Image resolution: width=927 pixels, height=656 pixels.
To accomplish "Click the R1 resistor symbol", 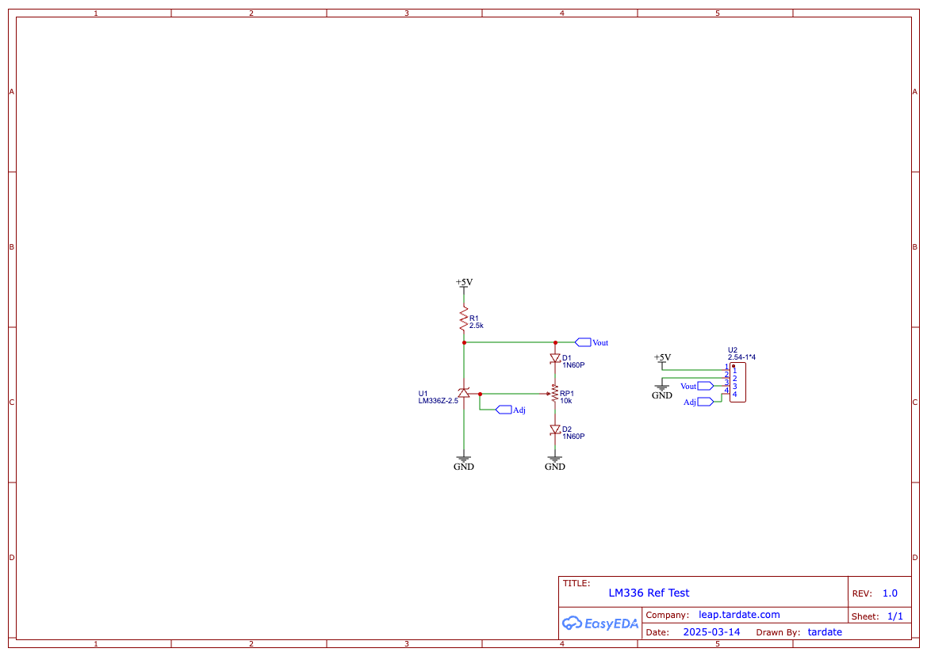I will tap(463, 320).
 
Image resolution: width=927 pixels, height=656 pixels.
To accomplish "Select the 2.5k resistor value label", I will tap(477, 326).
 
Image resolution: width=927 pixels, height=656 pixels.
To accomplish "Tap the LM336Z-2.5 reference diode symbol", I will tap(464, 393).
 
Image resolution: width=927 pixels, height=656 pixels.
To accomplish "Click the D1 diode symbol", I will tap(555, 359).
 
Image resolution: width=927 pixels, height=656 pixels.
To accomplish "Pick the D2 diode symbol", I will tap(555, 430).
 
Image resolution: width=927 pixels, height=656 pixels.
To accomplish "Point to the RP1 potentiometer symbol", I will tap(555, 393).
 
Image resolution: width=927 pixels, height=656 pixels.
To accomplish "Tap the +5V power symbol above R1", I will tap(464, 283).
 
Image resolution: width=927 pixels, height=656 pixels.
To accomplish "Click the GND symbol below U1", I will tap(464, 460).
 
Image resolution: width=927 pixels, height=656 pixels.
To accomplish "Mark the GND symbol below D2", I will tap(555, 460).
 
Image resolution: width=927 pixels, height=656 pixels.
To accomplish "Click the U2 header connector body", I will tap(737, 383).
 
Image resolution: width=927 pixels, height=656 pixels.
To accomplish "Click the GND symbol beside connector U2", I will tap(662, 390).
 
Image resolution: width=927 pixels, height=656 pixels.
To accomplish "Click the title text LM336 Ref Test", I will tap(649, 593).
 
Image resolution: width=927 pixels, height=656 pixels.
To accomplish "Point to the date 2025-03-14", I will tap(711, 632).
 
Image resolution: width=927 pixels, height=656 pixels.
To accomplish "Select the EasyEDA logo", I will tap(600, 624).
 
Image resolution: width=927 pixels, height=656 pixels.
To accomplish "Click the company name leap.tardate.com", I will tap(739, 615).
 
